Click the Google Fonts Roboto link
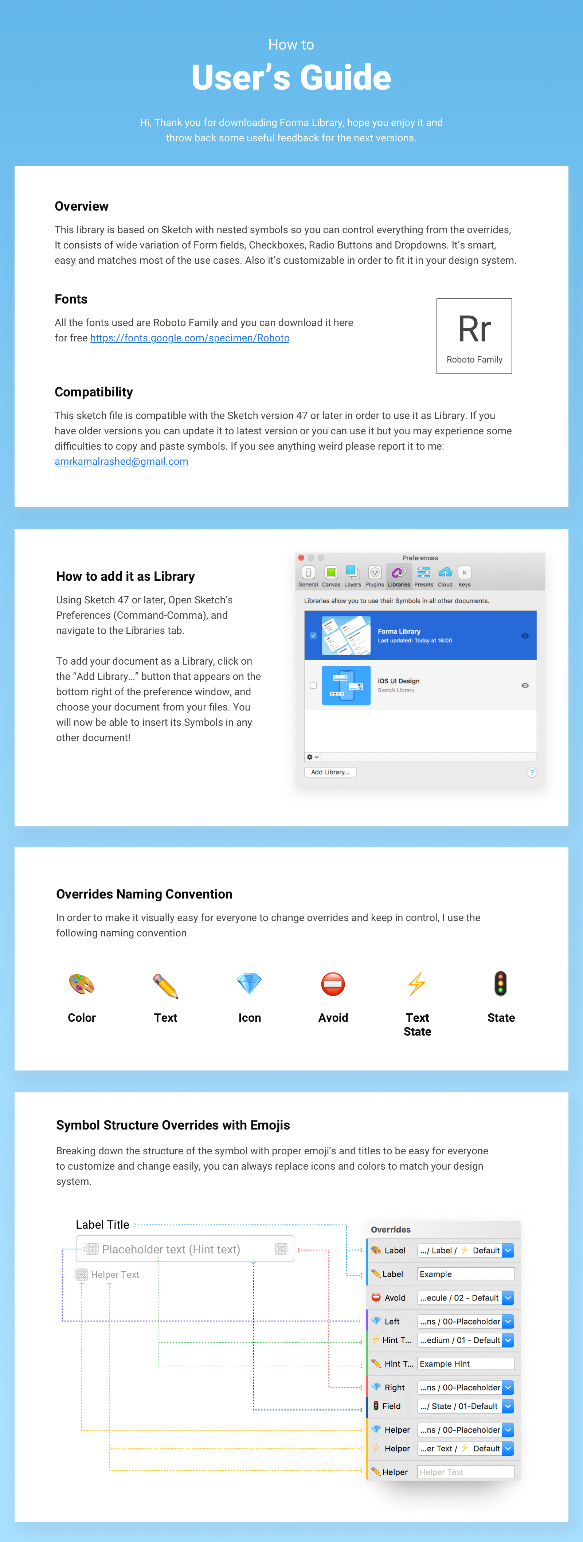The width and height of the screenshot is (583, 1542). pyautogui.click(x=190, y=338)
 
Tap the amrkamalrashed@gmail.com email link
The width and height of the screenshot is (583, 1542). pyautogui.click(x=121, y=462)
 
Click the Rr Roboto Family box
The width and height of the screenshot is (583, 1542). pyautogui.click(x=474, y=336)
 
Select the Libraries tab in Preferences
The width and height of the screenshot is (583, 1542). pyautogui.click(x=399, y=576)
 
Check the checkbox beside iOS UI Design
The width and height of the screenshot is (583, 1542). pyautogui.click(x=313, y=685)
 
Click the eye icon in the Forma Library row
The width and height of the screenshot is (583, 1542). pyautogui.click(x=525, y=636)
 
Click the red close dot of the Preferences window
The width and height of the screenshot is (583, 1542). pyautogui.click(x=301, y=558)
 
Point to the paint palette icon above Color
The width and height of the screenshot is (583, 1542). pyautogui.click(x=81, y=984)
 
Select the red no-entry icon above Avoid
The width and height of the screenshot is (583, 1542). pyautogui.click(x=333, y=984)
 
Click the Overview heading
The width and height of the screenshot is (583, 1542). pyautogui.click(x=81, y=207)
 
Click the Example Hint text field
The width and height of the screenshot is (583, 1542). pyautogui.click(x=465, y=1363)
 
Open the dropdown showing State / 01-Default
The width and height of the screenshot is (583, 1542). pyautogui.click(x=465, y=1406)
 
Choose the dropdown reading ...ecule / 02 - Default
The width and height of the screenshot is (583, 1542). pyautogui.click(x=465, y=1298)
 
